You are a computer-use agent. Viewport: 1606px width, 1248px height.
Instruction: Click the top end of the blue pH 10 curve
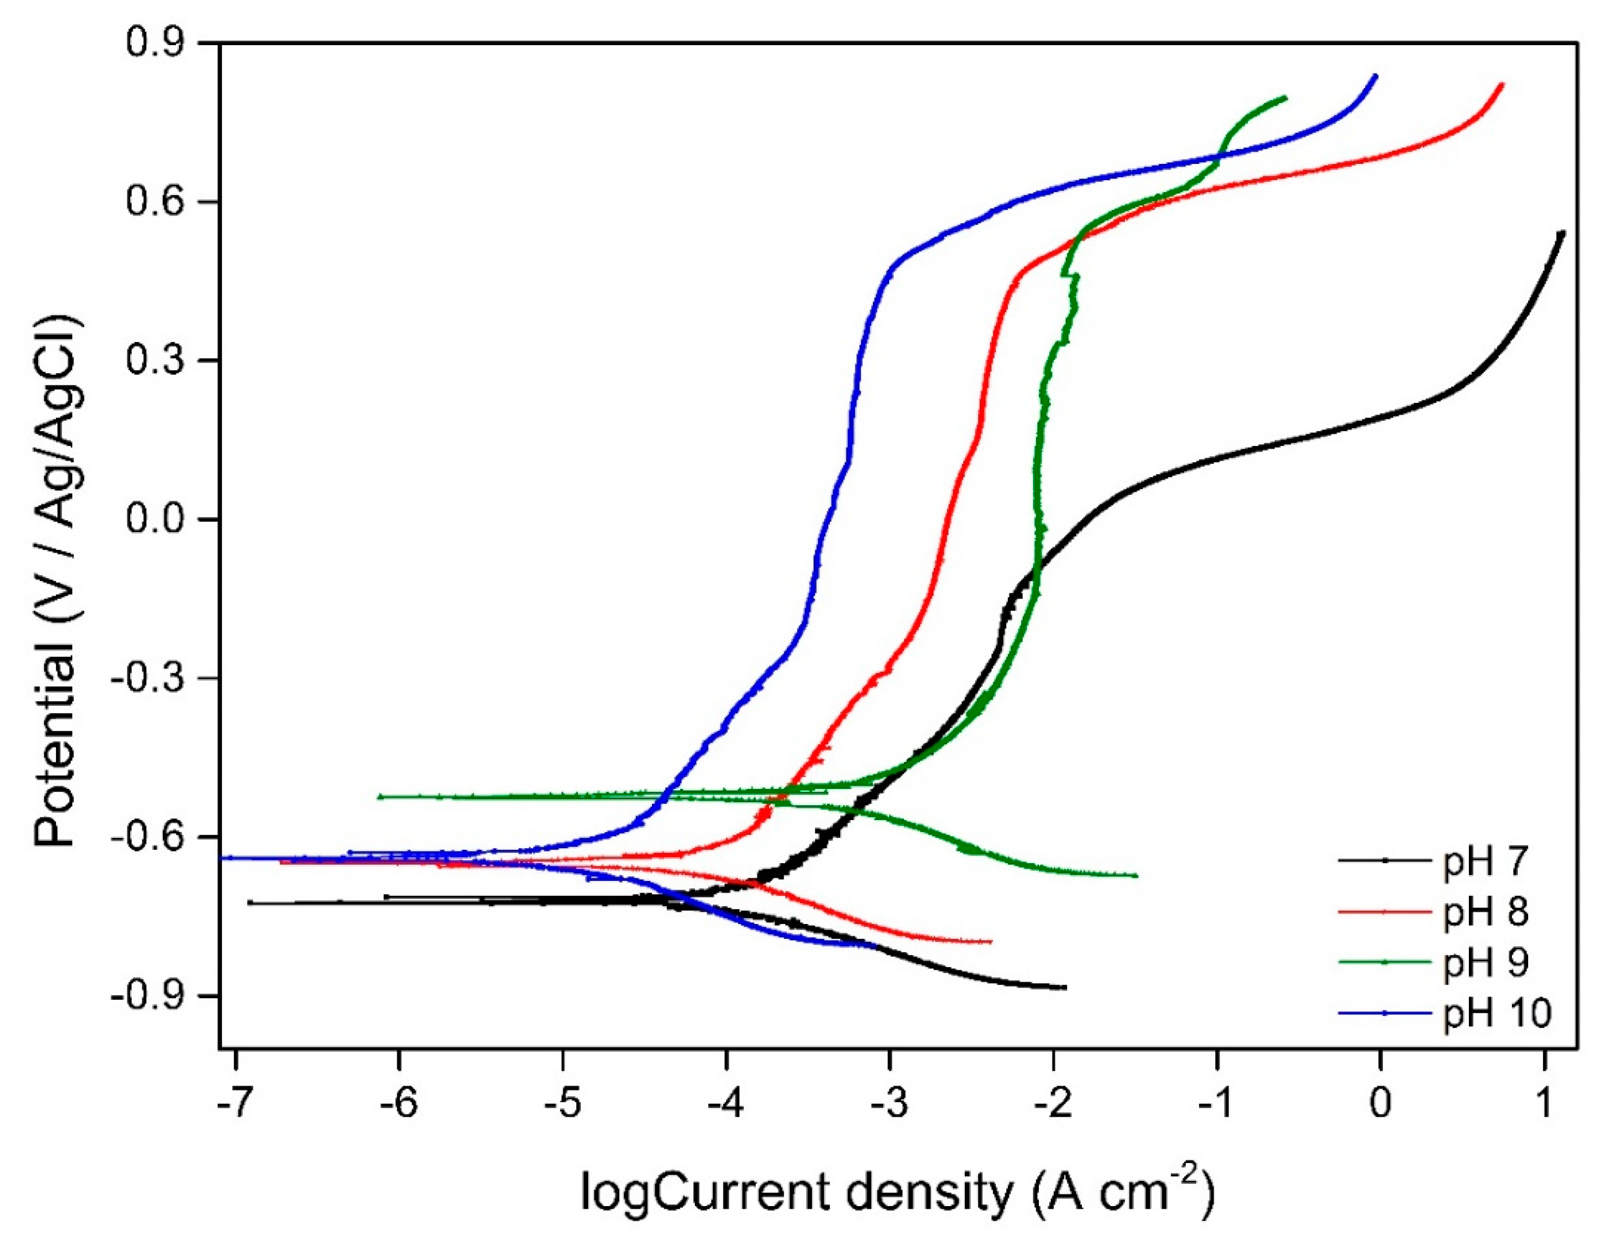(x=1375, y=76)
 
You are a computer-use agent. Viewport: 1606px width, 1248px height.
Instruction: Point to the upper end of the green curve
(x=1284, y=97)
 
